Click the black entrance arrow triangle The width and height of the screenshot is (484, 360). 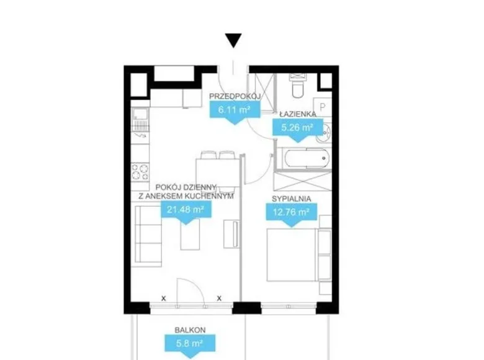(x=233, y=40)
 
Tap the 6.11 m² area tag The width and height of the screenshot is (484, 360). (x=235, y=111)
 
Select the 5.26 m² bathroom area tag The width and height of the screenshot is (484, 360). (x=297, y=129)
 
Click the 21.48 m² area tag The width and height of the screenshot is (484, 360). (x=186, y=212)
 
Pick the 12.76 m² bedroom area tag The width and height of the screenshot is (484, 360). (x=292, y=214)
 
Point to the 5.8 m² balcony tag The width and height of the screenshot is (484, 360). (x=189, y=345)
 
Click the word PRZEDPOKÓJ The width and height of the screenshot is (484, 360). (x=235, y=96)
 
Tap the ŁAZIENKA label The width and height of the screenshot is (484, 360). (x=298, y=114)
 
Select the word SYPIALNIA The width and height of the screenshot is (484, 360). (x=292, y=199)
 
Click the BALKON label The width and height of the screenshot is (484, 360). (x=190, y=330)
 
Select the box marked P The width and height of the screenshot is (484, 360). (x=323, y=107)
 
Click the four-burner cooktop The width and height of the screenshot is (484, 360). (x=140, y=172)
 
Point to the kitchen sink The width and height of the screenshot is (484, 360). (x=140, y=119)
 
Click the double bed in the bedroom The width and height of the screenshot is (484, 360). (x=292, y=254)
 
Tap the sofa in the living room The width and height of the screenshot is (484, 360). (x=148, y=236)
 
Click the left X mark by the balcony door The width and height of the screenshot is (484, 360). (x=164, y=299)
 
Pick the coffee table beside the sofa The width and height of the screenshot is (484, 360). (x=190, y=234)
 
